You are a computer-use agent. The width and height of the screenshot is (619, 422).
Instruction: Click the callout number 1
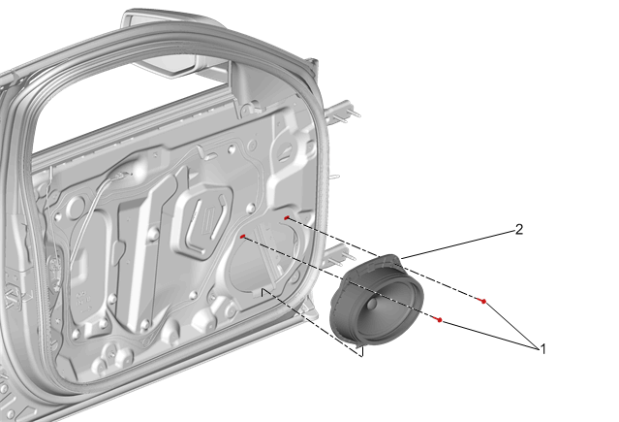(x=542, y=349)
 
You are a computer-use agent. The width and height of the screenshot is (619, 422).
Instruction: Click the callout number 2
(x=519, y=229)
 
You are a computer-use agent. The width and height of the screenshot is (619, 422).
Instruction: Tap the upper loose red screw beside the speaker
(x=481, y=301)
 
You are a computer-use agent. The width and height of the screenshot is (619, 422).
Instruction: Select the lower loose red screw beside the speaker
(x=438, y=319)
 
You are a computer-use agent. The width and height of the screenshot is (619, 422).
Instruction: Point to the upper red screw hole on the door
(x=287, y=218)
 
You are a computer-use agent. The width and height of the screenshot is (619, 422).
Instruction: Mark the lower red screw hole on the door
(x=243, y=237)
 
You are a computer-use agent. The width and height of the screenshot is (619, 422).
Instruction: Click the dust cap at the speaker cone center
(x=372, y=304)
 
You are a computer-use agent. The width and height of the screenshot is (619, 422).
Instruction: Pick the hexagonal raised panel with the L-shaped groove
(x=202, y=221)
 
